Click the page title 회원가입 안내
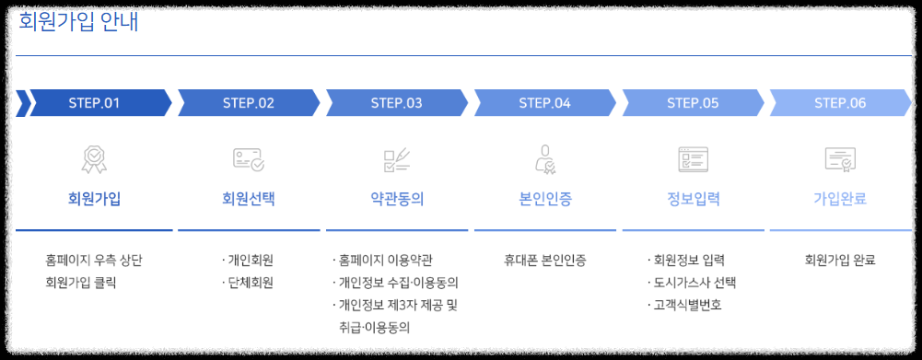point(78,22)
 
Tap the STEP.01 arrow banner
point(95,103)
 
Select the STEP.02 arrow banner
point(249,103)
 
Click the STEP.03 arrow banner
point(396,103)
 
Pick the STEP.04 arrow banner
point(544,103)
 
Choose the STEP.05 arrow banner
point(693,103)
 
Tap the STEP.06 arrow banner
point(840,103)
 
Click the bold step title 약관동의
point(396,198)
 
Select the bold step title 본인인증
point(544,198)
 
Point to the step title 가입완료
point(840,198)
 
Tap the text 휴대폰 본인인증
point(544,260)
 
